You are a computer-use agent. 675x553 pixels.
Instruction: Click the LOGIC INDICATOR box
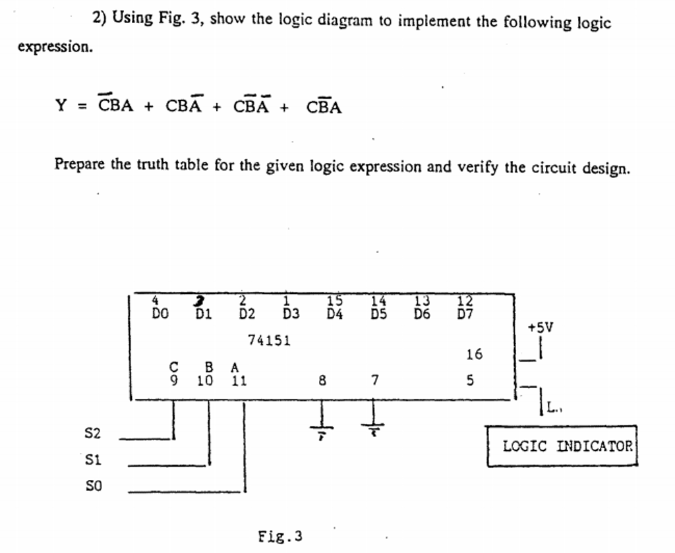[x=562, y=446]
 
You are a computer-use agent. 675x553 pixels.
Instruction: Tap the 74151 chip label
[x=269, y=341]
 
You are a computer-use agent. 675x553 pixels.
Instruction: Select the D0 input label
[x=160, y=314]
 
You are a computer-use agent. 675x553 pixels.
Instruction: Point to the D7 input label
[x=465, y=314]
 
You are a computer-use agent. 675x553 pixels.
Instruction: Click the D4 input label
[x=335, y=314]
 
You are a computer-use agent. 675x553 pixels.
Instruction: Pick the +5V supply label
[x=541, y=328]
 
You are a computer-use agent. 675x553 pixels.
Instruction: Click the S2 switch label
[x=93, y=433]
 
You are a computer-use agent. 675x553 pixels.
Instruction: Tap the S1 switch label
[x=94, y=459]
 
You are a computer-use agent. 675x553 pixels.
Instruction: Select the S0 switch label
[x=94, y=486]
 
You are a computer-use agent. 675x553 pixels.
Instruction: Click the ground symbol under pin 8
[x=322, y=430]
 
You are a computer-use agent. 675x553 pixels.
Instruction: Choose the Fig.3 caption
[x=280, y=536]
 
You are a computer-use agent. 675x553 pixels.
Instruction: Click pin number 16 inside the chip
[x=474, y=355]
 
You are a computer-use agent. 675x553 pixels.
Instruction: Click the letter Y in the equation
[x=61, y=105]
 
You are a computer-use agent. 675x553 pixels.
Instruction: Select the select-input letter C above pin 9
[x=173, y=366]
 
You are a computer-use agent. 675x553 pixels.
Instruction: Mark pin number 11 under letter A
[x=239, y=380]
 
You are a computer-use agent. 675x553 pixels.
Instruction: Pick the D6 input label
[x=422, y=314]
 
